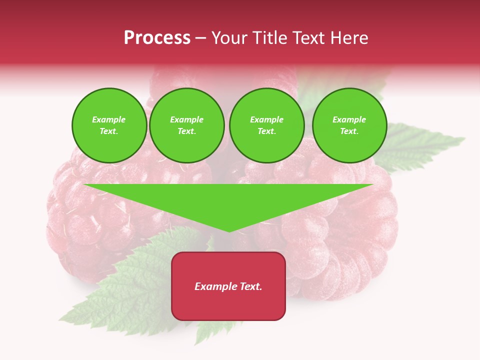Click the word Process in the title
[157, 38]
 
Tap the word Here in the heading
[348, 38]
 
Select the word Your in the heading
[228, 38]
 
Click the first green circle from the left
[109, 125]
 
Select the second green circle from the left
[187, 125]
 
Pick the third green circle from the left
[266, 125]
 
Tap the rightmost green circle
[349, 125]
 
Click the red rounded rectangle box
[228, 300]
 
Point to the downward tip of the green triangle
[229, 231]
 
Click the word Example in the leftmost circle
[109, 119]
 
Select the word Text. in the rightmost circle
[349, 131]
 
